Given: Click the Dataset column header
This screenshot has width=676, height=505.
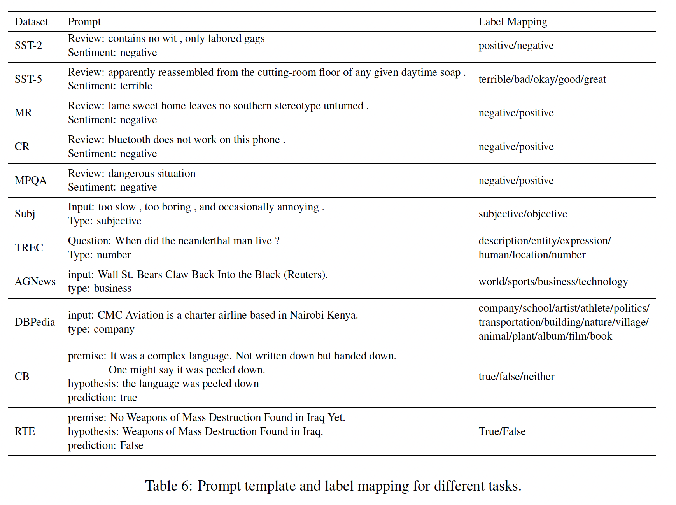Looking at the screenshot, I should pyautogui.click(x=31, y=22).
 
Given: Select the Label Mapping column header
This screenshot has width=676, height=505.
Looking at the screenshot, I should pyautogui.click(x=513, y=22).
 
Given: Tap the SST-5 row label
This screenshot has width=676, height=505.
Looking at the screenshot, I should pyautogui.click(x=28, y=79).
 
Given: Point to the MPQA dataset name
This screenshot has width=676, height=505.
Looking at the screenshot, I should pyautogui.click(x=31, y=181).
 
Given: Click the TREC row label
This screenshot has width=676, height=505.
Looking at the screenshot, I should pyautogui.click(x=29, y=248).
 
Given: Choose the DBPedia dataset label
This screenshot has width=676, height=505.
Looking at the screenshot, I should pyautogui.click(x=35, y=322).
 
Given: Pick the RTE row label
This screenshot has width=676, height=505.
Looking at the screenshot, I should pyautogui.click(x=25, y=431).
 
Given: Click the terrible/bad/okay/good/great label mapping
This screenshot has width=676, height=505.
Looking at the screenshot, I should pyautogui.click(x=542, y=79).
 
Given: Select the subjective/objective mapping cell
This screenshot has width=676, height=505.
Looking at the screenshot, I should pyautogui.click(x=523, y=214).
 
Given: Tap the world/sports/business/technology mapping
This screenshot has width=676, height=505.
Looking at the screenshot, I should pyautogui.click(x=553, y=282).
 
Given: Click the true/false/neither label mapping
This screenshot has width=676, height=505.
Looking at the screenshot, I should pyautogui.click(x=517, y=377).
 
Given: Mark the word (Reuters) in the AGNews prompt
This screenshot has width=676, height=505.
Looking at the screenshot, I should pyautogui.click(x=305, y=275).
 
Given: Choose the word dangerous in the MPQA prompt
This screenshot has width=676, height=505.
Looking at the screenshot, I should pyautogui.click(x=132, y=174).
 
